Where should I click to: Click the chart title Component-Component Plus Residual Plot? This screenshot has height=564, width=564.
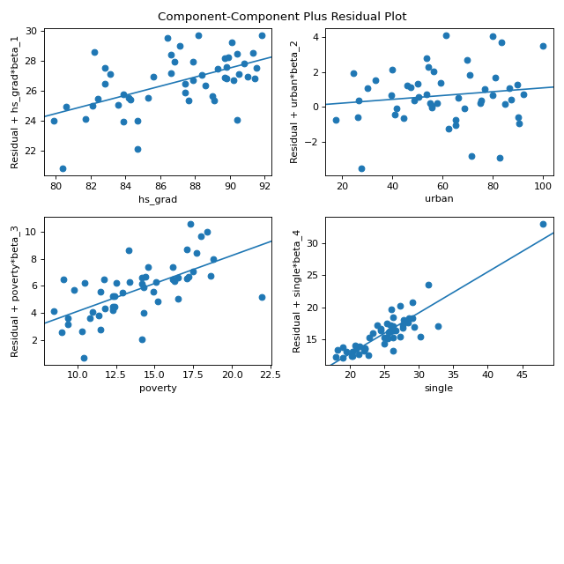coord(282,16)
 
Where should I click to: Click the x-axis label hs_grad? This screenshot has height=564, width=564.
coord(158,198)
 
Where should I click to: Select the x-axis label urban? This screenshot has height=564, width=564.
coord(439,198)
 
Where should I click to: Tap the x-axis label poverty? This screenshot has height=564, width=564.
coord(158,388)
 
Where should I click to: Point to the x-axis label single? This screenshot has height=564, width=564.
coord(439,388)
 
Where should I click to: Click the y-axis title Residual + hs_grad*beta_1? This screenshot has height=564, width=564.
coord(15,101)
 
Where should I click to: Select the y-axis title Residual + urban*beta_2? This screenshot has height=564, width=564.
coord(296,101)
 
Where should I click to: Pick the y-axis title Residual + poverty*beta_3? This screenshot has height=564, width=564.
coord(15,291)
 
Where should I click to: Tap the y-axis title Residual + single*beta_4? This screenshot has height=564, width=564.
coord(296,291)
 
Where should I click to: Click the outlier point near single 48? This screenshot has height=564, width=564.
coord(543,224)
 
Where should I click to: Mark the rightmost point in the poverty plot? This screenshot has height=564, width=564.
coord(262,297)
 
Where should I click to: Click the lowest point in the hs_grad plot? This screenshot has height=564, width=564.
coord(63,168)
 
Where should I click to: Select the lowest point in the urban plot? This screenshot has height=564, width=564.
coord(361,168)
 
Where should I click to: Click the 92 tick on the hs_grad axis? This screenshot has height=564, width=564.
coord(265,186)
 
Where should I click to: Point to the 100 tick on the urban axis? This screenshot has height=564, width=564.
coord(543,186)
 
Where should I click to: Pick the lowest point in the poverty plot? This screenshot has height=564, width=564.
coord(84,358)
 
